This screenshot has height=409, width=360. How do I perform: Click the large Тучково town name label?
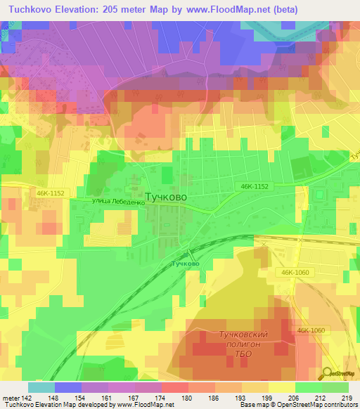point(165,197)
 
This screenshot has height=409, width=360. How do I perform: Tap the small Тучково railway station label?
point(185,264)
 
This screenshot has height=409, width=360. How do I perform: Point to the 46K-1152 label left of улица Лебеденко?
point(46,191)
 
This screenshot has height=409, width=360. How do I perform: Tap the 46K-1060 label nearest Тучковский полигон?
point(310,330)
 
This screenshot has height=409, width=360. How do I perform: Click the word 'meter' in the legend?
point(11,398)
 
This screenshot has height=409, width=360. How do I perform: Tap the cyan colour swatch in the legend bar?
point(41,387)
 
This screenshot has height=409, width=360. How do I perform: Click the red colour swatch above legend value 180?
point(175,387)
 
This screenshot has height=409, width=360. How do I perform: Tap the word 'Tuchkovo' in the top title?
point(30,10)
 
